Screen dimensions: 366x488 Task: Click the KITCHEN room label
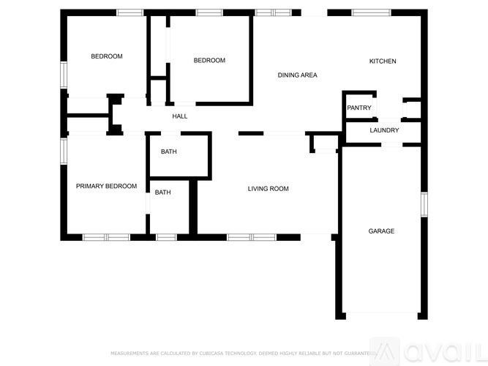(x=382, y=61)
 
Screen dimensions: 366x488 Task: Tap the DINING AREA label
(x=297, y=75)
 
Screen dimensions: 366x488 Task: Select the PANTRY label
(x=359, y=108)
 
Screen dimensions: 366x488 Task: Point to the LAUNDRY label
(x=384, y=130)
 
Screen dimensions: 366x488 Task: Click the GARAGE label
(x=381, y=231)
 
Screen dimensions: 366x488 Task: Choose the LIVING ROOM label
(x=268, y=189)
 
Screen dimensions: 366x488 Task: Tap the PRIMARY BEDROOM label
(x=106, y=186)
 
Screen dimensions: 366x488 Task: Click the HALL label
(x=179, y=116)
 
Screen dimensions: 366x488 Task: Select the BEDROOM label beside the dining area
(x=209, y=61)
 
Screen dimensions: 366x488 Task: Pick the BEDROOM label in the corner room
(x=106, y=56)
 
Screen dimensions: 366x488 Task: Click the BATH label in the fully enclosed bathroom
(x=169, y=152)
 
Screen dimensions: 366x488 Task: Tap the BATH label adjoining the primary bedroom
(x=162, y=193)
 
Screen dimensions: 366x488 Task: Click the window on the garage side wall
(x=423, y=204)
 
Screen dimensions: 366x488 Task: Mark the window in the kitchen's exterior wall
(x=371, y=12)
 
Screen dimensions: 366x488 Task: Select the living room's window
(x=251, y=237)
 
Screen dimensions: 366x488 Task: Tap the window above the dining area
(x=273, y=12)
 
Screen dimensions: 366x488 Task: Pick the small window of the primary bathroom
(x=166, y=237)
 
